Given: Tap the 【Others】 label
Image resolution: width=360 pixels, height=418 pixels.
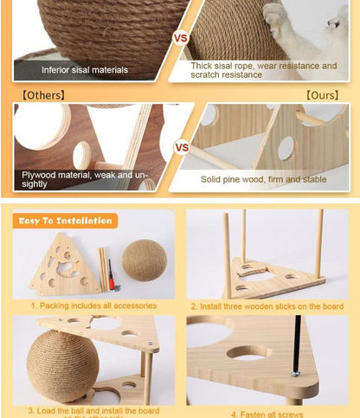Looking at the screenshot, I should click(x=42, y=93).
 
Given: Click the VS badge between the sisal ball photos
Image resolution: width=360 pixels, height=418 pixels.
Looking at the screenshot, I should click(x=181, y=39).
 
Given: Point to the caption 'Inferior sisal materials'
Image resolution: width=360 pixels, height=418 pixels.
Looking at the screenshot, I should click(x=85, y=69).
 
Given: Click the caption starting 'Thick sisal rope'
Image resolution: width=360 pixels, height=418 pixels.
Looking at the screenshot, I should click(x=264, y=70).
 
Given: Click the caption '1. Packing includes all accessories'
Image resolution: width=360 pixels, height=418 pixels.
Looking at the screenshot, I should click(x=94, y=305).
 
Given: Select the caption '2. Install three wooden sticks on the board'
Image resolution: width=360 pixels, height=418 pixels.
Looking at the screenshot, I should click(x=267, y=306).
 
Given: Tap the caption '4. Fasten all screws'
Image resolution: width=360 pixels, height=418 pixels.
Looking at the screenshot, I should click(x=267, y=413).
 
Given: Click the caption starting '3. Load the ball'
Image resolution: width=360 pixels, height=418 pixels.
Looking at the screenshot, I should click(x=94, y=409).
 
